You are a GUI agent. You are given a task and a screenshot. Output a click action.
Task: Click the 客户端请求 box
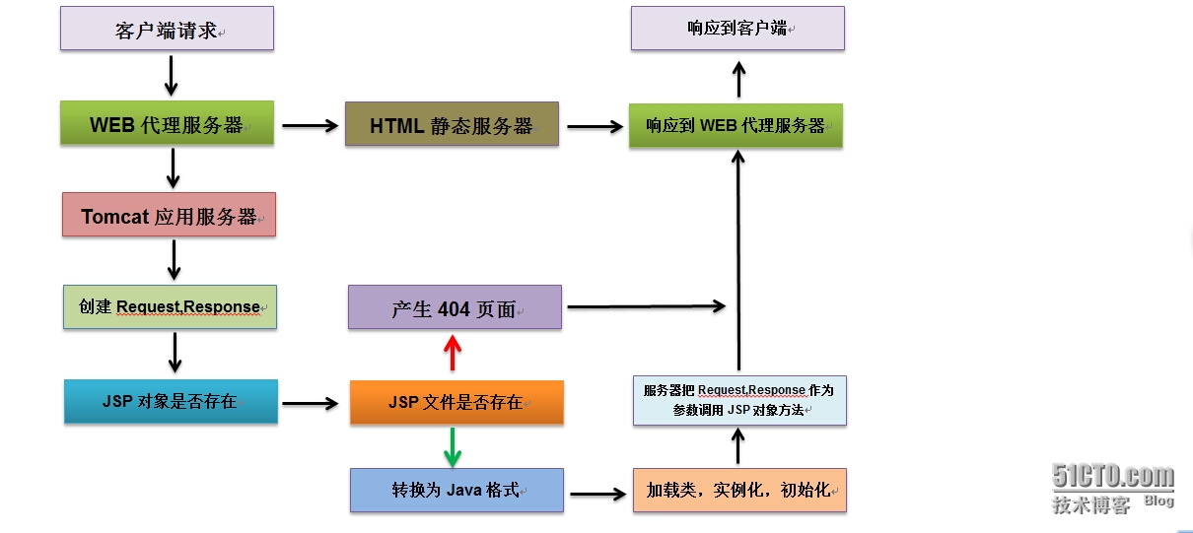[167, 29]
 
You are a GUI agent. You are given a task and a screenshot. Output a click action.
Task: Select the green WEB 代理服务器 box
[167, 124]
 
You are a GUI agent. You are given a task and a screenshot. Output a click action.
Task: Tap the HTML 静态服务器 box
[452, 124]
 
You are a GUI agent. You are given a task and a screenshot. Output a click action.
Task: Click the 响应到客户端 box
[737, 29]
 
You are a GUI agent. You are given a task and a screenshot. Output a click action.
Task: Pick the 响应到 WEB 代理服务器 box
[736, 125]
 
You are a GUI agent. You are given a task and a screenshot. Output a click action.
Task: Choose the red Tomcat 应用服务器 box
[169, 215]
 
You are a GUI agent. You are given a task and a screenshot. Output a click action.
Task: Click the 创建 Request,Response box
[170, 307]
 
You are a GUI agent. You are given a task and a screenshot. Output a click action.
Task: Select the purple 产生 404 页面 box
[455, 307]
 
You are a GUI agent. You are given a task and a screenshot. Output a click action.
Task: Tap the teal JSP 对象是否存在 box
[171, 402]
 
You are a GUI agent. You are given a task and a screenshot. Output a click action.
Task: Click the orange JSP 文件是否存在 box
[456, 402]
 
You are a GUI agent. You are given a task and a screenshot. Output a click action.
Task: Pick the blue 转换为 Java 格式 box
[456, 490]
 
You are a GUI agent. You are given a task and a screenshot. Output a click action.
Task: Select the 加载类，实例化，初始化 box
[739, 490]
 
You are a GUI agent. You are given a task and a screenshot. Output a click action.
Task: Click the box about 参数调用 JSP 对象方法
[739, 400]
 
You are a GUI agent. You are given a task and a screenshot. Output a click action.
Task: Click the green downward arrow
[453, 446]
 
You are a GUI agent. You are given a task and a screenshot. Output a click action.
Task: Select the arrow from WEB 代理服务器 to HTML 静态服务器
[310, 125]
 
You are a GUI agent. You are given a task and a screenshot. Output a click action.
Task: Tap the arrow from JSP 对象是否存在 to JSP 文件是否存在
[310, 403]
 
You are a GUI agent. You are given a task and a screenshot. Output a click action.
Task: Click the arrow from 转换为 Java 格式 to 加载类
[597, 491]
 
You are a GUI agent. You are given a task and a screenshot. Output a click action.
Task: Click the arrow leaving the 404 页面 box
[646, 307]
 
